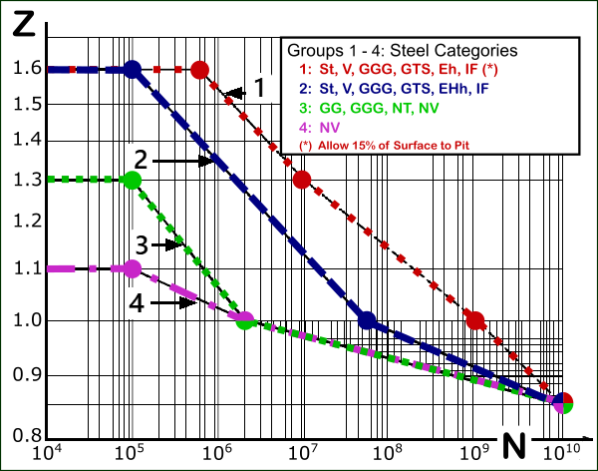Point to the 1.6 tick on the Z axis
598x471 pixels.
tap(21, 69)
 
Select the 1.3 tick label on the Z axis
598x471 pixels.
tap(21, 180)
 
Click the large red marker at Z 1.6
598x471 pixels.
tap(199, 70)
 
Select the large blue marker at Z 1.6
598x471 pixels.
tap(132, 70)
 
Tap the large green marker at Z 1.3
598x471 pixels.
tap(132, 180)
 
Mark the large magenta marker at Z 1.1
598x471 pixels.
tap(132, 268)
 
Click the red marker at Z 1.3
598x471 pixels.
tap(303, 180)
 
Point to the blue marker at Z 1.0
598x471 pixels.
tap(367, 320)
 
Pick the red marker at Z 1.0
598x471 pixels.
tap(475, 320)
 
